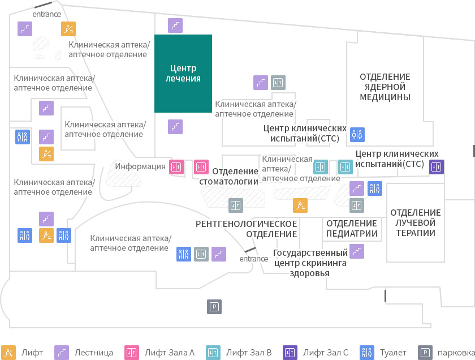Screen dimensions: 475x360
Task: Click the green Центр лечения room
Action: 183,74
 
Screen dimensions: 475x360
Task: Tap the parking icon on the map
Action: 214,307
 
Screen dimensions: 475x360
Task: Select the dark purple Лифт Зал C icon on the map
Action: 436,167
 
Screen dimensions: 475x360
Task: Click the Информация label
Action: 140,166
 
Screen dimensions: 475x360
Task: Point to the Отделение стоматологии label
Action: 228,176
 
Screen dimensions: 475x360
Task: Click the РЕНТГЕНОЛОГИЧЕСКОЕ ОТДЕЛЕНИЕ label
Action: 247,229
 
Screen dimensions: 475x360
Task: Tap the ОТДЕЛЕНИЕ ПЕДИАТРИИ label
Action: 352,228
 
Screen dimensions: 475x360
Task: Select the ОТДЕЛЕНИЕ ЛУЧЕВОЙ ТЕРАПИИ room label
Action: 415,222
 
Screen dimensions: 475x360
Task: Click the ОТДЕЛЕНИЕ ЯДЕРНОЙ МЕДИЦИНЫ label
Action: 385,87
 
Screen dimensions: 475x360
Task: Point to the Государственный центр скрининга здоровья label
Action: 310,263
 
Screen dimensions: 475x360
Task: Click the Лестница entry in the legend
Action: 84,353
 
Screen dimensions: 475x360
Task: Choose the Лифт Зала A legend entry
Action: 159,353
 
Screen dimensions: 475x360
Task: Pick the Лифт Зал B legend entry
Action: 239,353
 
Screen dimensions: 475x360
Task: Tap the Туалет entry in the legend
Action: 383,353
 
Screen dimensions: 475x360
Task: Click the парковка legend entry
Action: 446,353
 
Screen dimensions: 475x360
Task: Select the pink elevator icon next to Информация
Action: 176,167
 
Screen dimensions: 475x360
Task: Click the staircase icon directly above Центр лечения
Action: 175,25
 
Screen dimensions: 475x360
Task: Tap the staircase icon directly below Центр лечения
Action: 175,126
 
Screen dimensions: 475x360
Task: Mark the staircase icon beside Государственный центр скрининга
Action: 357,251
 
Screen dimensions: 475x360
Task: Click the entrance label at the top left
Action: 46,14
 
